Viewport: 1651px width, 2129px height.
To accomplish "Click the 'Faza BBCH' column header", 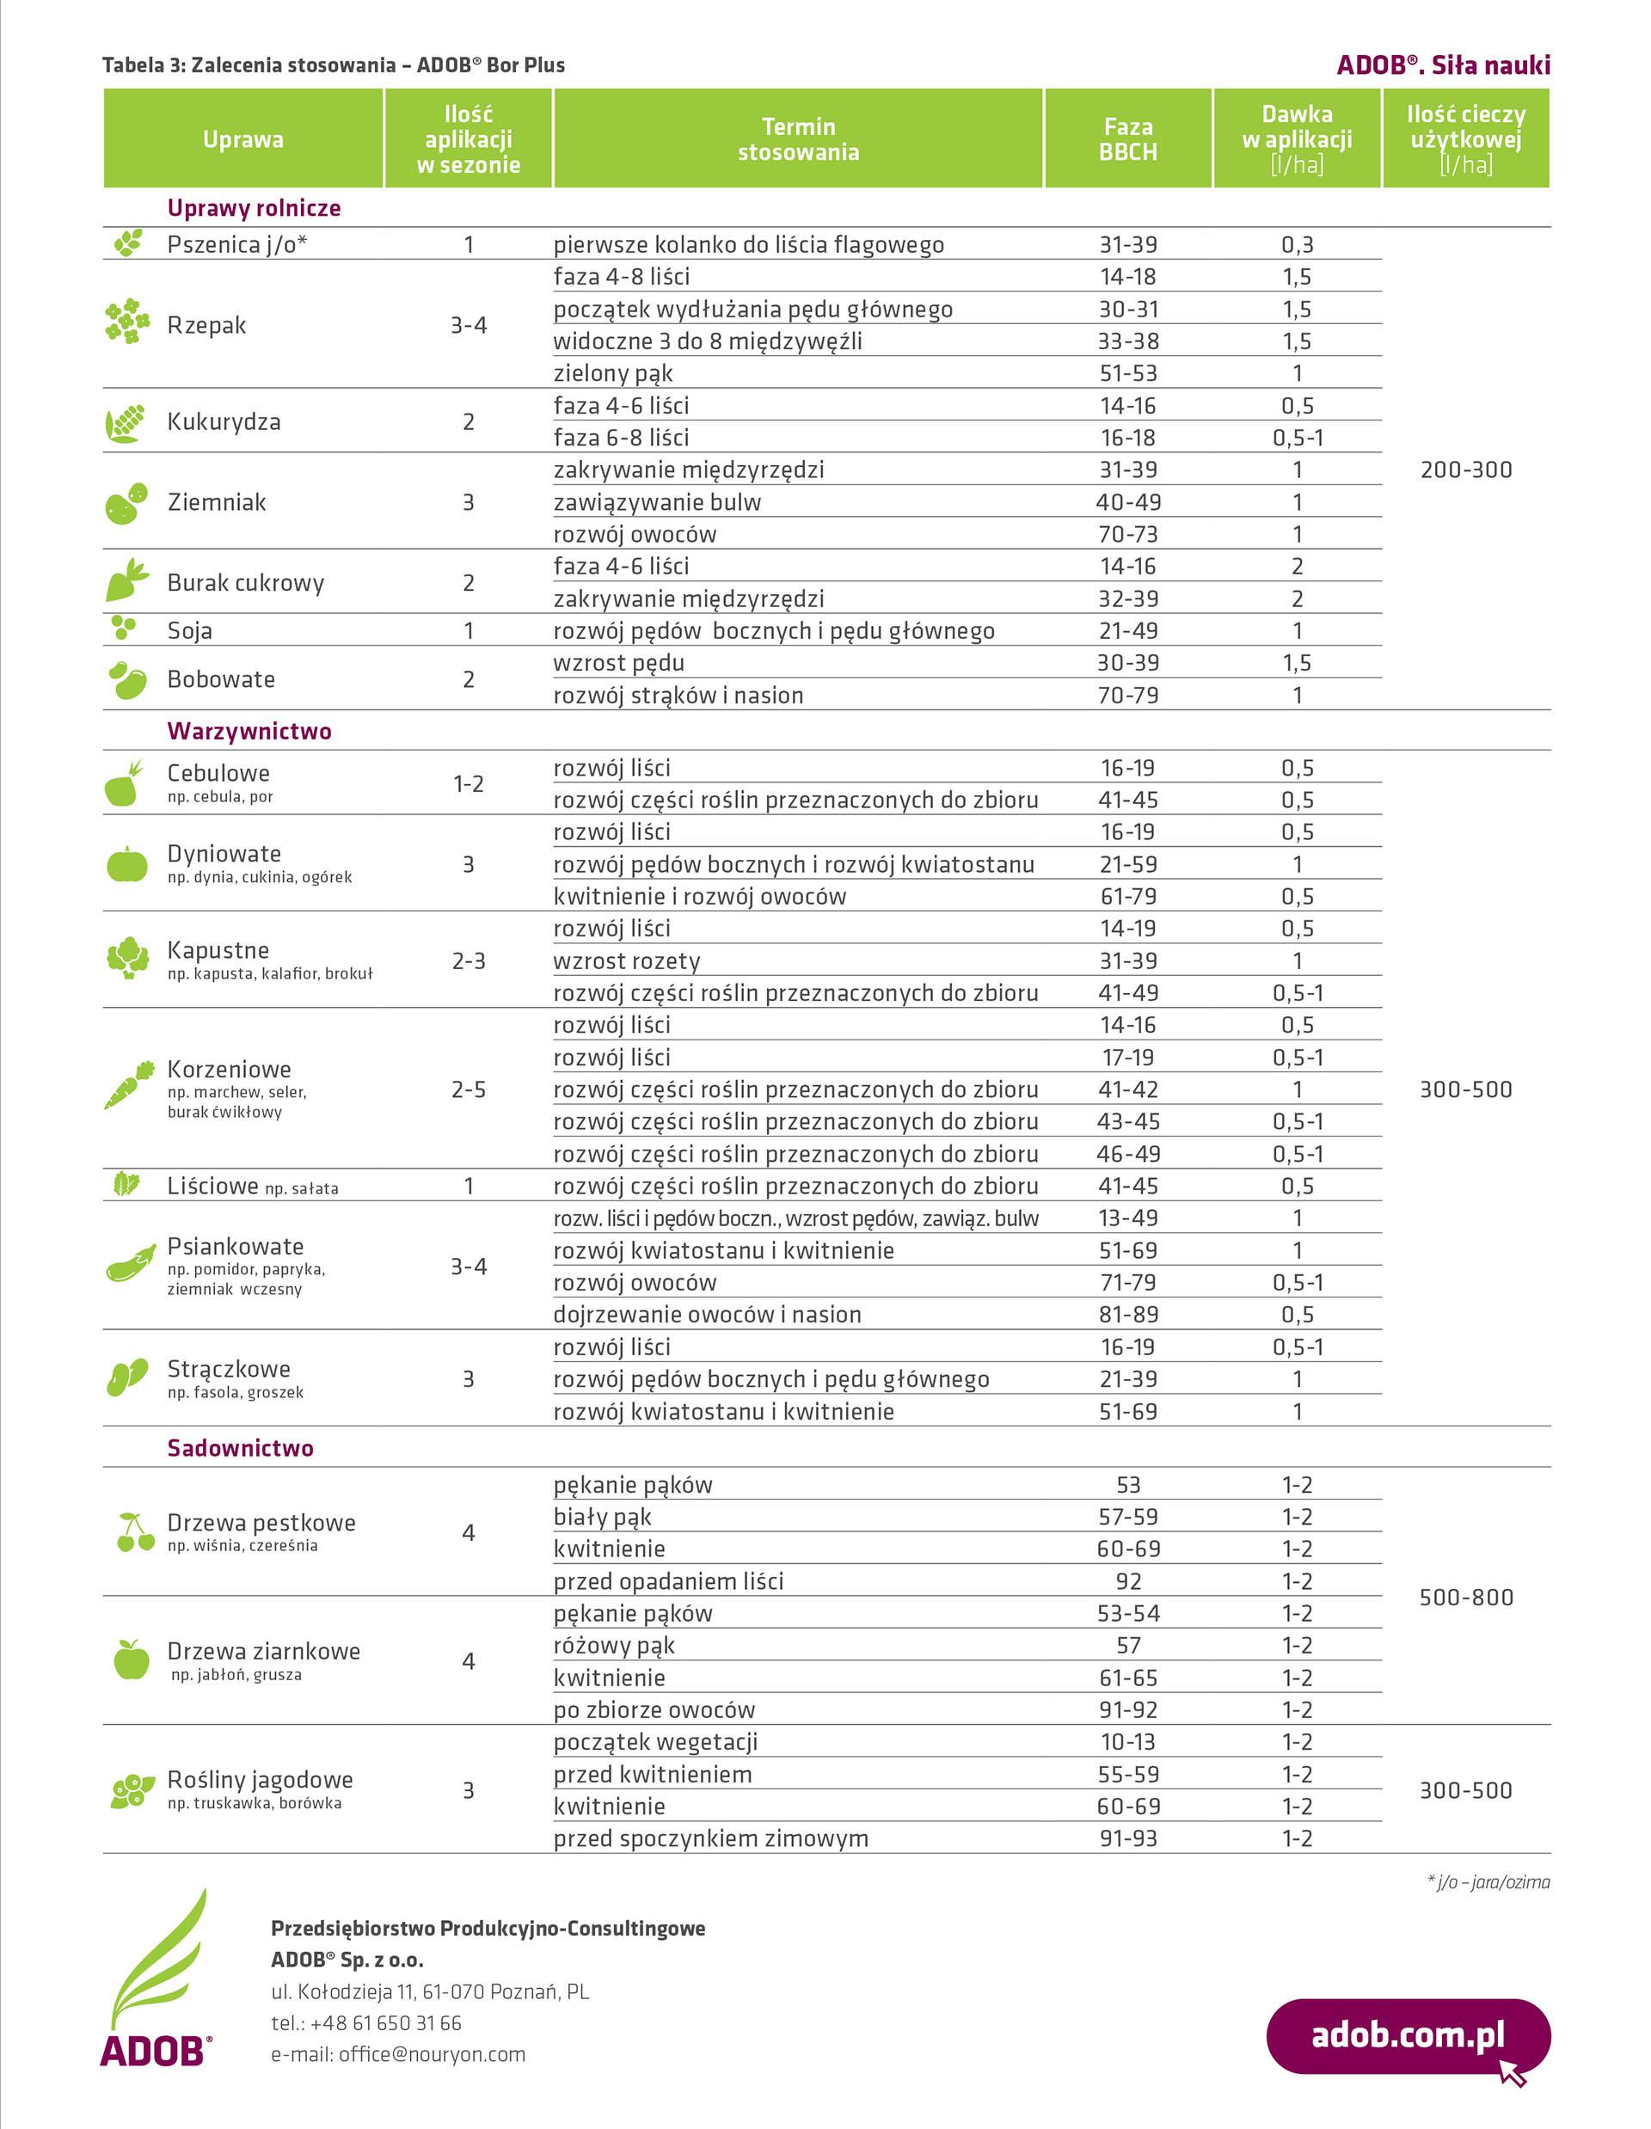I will pos(1127,138).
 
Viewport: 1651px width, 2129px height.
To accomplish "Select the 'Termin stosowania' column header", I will pos(798,138).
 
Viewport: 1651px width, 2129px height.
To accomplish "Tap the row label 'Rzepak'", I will pos(206,325).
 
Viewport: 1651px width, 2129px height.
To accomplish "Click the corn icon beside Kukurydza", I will pos(126,423).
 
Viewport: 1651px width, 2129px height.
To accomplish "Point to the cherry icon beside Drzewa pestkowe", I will pos(134,1531).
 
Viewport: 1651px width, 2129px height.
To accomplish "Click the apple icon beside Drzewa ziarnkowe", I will pos(131,1660).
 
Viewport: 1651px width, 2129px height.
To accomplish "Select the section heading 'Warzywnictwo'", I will pos(249,731).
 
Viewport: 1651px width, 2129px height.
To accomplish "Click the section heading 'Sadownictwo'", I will pos(240,1448).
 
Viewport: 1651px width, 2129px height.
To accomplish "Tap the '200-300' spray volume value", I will pos(1466,469).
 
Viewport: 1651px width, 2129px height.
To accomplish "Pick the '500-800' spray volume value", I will pos(1466,1597).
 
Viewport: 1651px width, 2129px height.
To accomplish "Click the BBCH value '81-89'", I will pos(1128,1314).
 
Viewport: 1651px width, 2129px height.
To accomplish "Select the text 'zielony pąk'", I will pos(613,373).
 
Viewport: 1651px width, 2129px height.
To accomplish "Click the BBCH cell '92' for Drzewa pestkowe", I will pos(1128,1581).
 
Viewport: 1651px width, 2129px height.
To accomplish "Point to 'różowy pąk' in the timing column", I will pos(614,1646).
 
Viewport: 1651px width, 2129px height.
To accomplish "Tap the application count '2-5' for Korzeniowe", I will pos(468,1089).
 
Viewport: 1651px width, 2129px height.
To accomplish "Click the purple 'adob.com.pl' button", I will pos(1408,2035).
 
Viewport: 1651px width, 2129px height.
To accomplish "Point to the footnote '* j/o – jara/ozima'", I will pos(1488,1881).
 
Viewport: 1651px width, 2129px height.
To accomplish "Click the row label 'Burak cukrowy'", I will pos(246,583).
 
